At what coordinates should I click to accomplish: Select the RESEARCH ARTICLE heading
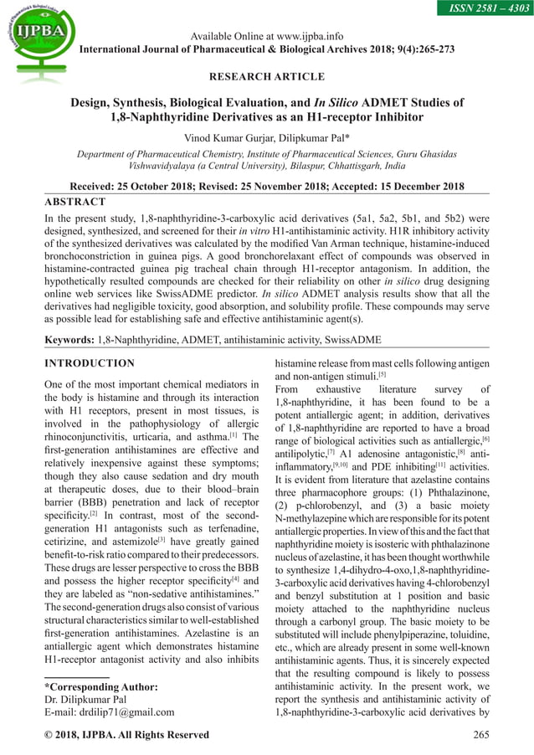(267, 77)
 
